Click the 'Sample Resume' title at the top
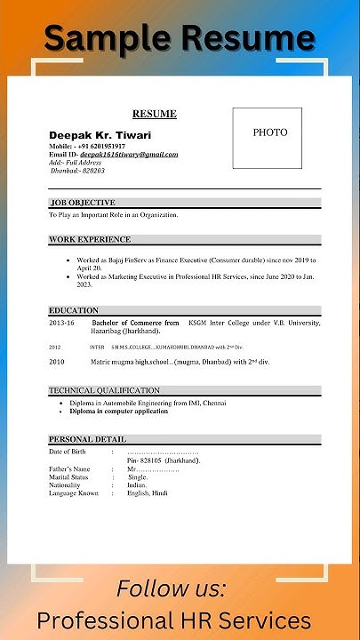(x=180, y=37)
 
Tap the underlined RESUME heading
(x=155, y=114)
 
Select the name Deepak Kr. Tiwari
(x=100, y=135)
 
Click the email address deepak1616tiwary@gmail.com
(x=129, y=154)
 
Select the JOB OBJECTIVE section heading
(x=83, y=203)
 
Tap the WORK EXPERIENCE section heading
(x=90, y=239)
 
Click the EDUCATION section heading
(x=74, y=310)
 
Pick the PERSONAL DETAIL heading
(x=87, y=439)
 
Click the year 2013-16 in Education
(x=62, y=323)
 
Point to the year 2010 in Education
(x=57, y=362)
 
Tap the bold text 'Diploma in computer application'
(x=118, y=411)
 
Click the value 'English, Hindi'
(x=147, y=493)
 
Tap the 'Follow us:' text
(x=172, y=588)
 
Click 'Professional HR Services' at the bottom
(x=174, y=620)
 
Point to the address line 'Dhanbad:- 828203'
(x=77, y=170)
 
